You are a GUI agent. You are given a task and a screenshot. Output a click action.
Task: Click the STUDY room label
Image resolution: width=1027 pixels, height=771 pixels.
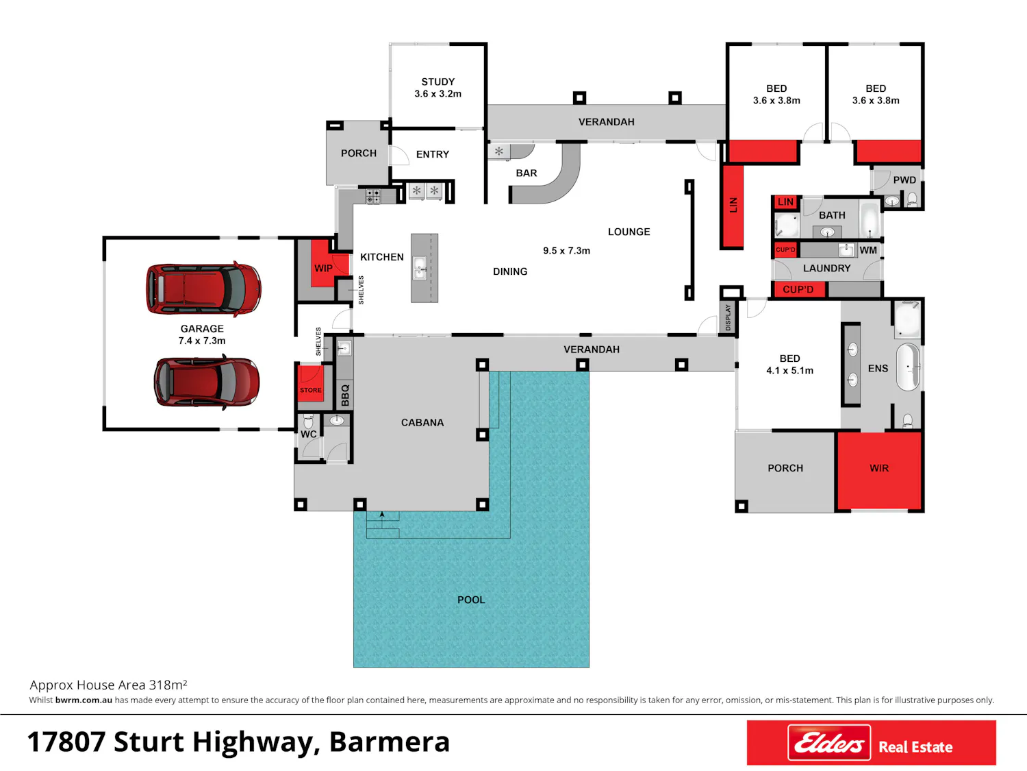point(438,82)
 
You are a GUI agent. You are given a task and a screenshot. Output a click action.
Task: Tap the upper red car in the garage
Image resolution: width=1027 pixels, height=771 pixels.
point(203,288)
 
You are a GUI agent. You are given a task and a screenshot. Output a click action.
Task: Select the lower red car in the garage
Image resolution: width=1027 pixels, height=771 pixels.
point(207,382)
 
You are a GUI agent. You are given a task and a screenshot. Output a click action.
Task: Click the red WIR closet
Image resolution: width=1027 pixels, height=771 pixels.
point(878,470)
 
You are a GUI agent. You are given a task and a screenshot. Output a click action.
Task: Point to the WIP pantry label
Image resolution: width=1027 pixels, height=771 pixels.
point(323,268)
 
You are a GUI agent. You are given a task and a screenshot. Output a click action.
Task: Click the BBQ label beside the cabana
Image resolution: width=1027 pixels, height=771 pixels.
point(345,395)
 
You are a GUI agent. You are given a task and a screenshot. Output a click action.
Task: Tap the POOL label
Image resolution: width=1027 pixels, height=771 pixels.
point(471,600)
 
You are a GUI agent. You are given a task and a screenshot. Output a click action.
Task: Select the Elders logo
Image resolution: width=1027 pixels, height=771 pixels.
point(828,742)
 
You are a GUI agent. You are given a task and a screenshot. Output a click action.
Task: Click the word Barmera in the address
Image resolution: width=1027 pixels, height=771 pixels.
point(390,742)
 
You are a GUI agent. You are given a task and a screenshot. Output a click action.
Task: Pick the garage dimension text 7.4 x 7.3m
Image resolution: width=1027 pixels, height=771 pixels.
point(202,341)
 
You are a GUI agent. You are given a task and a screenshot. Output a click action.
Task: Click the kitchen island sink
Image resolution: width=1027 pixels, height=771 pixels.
point(420,268)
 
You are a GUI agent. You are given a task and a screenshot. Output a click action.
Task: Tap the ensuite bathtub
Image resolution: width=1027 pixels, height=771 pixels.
point(908,367)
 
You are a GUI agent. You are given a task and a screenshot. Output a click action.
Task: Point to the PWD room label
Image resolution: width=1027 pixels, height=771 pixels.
point(904,180)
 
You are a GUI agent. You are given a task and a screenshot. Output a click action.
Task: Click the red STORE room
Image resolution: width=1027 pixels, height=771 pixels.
point(310,383)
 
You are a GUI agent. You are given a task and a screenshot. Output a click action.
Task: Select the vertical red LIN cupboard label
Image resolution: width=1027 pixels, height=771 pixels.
point(733,205)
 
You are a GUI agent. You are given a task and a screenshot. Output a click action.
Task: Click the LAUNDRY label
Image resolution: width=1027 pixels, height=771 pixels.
point(827,268)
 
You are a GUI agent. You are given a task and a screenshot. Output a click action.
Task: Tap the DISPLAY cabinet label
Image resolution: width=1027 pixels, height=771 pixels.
point(728,317)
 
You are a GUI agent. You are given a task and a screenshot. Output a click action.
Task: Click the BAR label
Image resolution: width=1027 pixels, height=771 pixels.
point(527,173)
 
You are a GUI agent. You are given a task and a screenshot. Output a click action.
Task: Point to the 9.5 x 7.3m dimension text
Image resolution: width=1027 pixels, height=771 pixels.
point(567,250)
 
